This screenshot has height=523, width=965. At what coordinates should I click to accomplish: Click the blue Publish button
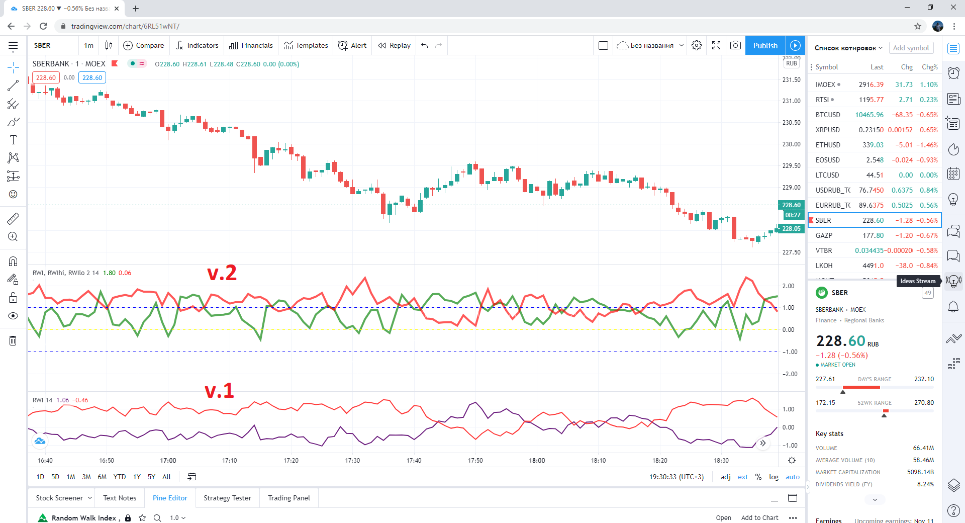pos(765,45)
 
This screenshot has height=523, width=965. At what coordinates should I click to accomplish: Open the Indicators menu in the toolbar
pos(197,45)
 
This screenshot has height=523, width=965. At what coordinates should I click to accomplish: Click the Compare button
pos(144,45)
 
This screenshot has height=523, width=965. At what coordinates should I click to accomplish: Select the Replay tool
pos(395,45)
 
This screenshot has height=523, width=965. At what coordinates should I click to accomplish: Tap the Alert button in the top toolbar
pos(352,45)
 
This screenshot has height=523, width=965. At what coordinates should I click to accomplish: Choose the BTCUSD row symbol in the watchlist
pos(828,115)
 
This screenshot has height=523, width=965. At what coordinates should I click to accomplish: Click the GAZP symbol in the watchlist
pos(824,235)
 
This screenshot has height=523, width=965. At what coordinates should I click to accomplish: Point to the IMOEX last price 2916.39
pos(871,84)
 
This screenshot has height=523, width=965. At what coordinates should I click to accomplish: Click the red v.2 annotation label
pos(222,273)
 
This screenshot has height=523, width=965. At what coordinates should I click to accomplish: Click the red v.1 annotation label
pos(219,391)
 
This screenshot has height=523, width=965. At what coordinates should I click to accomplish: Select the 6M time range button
pos(102,477)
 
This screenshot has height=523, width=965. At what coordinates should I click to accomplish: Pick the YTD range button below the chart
pos(120,477)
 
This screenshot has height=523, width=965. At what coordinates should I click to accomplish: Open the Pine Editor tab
pos(170,498)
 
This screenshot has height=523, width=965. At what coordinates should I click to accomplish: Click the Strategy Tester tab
pos(227,498)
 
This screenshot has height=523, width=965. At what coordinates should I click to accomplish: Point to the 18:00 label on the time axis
pos(537,460)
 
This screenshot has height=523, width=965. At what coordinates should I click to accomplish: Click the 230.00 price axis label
pos(791,144)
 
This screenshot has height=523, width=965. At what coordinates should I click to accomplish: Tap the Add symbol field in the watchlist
pos(911,48)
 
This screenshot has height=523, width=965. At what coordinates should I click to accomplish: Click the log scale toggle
pos(774,477)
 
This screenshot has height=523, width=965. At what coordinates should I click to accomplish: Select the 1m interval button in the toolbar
pos(89,45)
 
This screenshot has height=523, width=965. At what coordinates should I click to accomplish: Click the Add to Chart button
pos(759,517)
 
